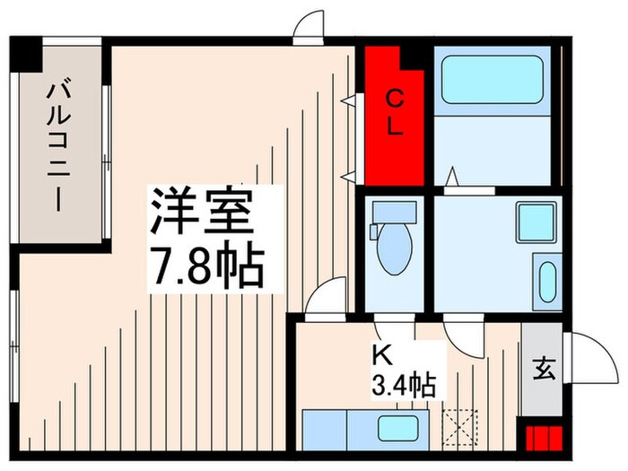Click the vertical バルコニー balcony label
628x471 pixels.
[59, 145]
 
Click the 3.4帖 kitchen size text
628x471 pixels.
[404, 387]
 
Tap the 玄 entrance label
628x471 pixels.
[545, 370]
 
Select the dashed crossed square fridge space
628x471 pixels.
[463, 426]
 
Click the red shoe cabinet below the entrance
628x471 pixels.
[544, 440]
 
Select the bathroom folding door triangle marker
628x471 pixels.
[454, 174]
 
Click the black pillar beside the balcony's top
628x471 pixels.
[27, 54]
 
